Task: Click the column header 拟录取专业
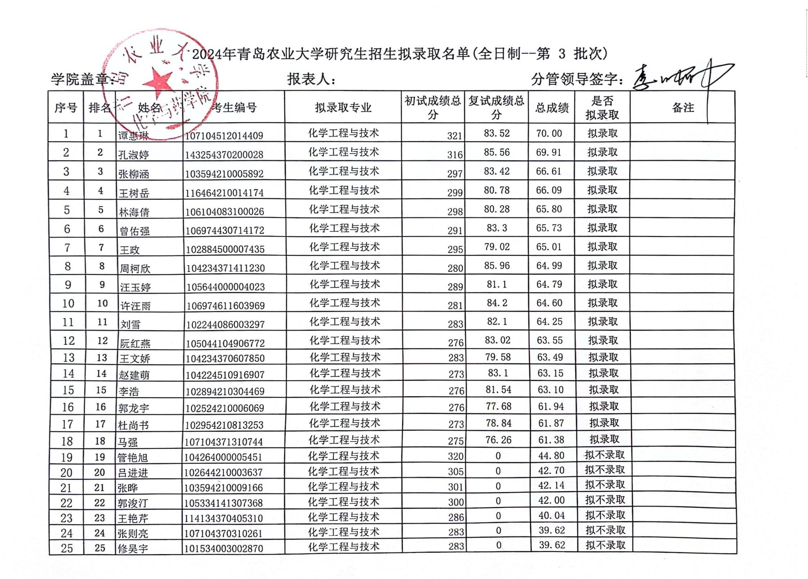tap(343, 108)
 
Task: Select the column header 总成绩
tap(551, 108)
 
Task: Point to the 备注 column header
tap(682, 108)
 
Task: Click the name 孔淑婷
tap(133, 155)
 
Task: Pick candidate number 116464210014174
tap(224, 193)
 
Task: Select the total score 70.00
tap(549, 133)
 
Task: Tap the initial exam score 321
tap(454, 136)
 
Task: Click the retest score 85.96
tap(497, 265)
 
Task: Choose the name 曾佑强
tap(135, 231)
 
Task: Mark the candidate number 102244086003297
tap(225, 324)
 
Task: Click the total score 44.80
tap(551, 456)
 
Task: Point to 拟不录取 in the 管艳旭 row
tap(604, 455)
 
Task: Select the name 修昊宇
tap(132, 548)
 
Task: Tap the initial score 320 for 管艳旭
tap(455, 456)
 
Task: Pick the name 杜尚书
tap(133, 425)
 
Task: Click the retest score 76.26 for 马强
tap(498, 440)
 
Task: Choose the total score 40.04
tap(551, 516)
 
